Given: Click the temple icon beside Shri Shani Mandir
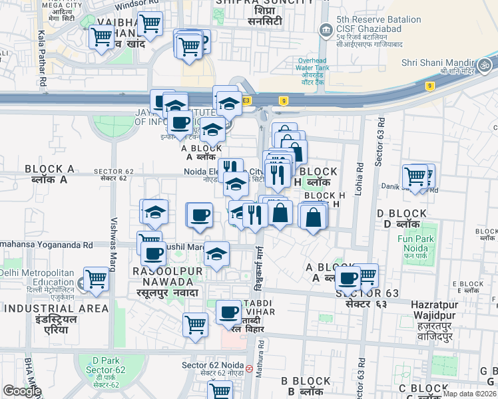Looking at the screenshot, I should pos(485,65).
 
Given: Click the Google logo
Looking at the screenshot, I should pos(22,391).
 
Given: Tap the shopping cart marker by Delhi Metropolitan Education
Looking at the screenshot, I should pos(97,278).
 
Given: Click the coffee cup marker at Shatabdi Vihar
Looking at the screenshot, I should pos(228,311).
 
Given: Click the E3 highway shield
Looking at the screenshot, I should pos(246,100).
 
